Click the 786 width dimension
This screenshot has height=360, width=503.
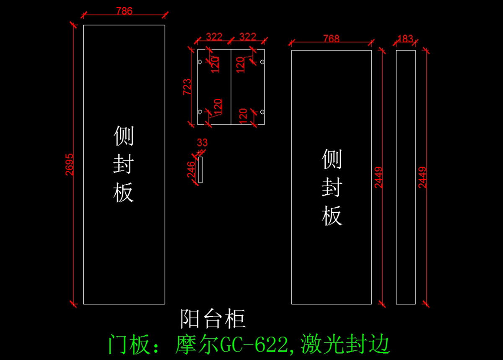tap(124, 11)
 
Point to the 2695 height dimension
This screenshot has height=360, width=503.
tap(70, 164)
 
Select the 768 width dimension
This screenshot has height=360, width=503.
tap(331, 39)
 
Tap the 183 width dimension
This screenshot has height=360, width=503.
tap(405, 39)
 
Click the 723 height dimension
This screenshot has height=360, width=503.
tap(187, 86)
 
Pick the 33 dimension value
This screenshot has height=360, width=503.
tap(202, 143)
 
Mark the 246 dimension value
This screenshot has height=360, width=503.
tap(191, 170)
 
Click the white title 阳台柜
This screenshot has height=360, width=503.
tap(213, 319)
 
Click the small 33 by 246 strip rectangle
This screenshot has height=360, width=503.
tap(200, 170)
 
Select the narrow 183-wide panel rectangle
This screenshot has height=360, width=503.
tap(405, 177)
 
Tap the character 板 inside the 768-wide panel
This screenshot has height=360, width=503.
tap(332, 216)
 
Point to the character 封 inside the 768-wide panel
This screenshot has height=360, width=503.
tap(332, 188)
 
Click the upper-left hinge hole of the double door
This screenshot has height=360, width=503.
tap(200, 62)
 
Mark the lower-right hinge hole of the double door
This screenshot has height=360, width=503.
tap(262, 112)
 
